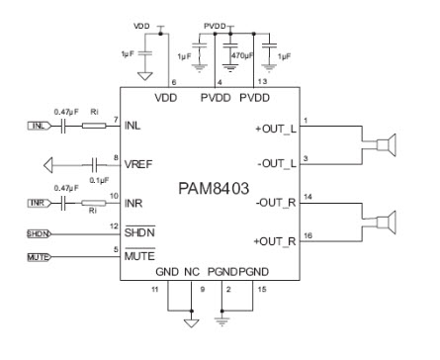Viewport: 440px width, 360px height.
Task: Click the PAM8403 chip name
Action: pyautogui.click(x=212, y=186)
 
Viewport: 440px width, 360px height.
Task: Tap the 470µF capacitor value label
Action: pyautogui.click(x=242, y=57)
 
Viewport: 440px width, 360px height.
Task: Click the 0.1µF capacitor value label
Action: pyautogui.click(x=97, y=180)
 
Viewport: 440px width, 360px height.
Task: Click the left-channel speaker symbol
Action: pyautogui.click(x=386, y=145)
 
